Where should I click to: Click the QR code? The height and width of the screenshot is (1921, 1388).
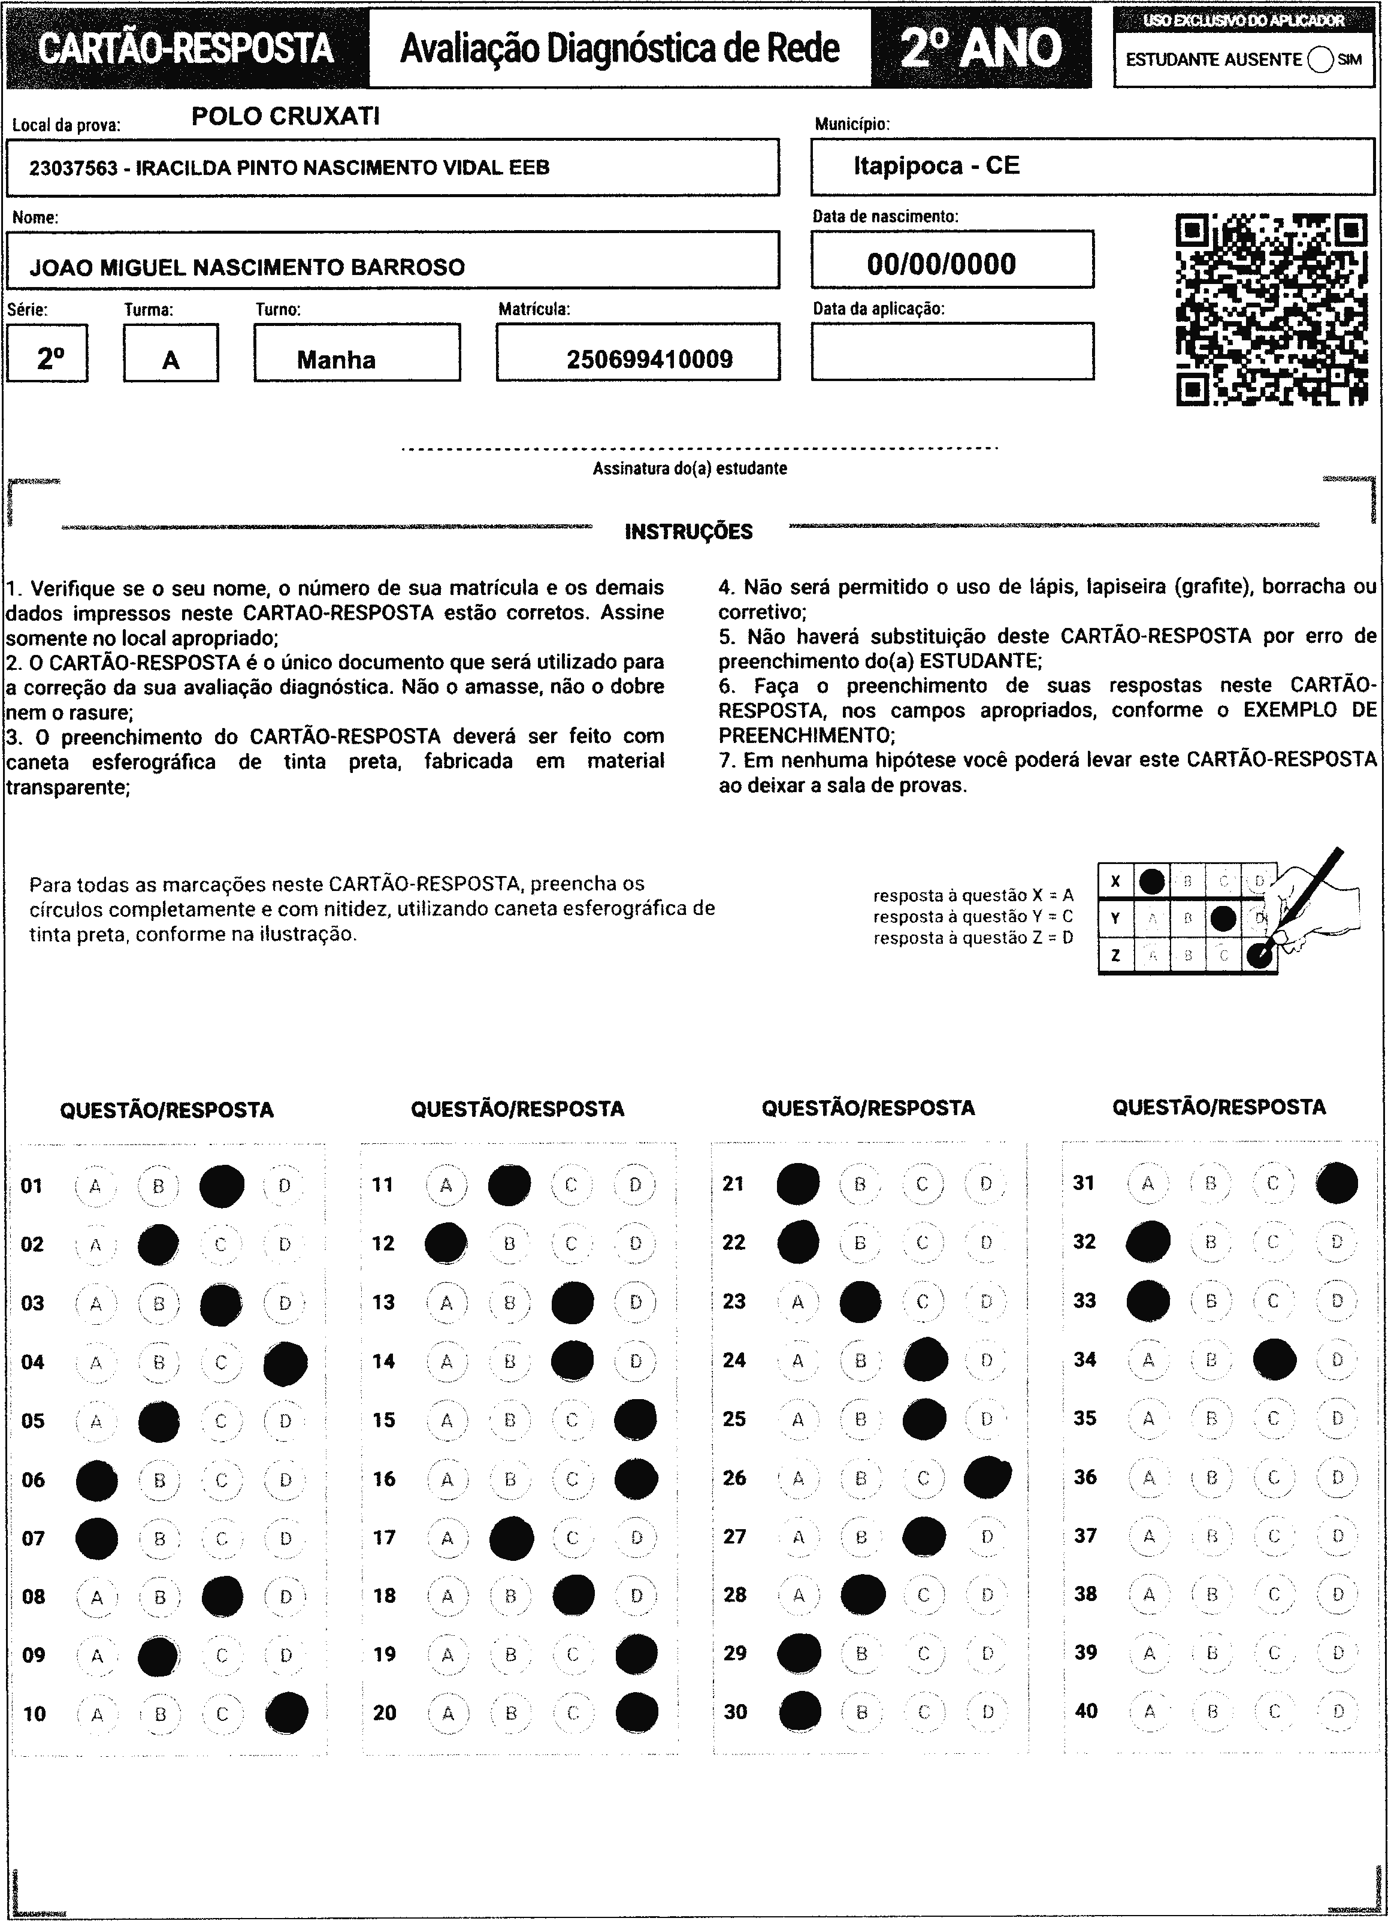pos(1272,309)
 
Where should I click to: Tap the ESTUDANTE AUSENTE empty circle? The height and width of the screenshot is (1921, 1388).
pos(1319,60)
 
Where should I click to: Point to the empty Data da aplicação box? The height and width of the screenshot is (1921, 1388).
pos(952,352)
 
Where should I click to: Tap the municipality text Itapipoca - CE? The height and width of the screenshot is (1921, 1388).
pos(936,165)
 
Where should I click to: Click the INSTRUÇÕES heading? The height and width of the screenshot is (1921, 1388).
pos(688,532)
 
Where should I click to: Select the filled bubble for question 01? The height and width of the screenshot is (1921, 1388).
pos(222,1186)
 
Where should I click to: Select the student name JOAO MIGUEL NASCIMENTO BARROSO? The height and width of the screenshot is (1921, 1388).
pos(247,268)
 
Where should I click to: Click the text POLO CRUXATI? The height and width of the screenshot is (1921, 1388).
pos(285,116)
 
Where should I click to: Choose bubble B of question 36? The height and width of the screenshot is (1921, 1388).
pos(1212,1477)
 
